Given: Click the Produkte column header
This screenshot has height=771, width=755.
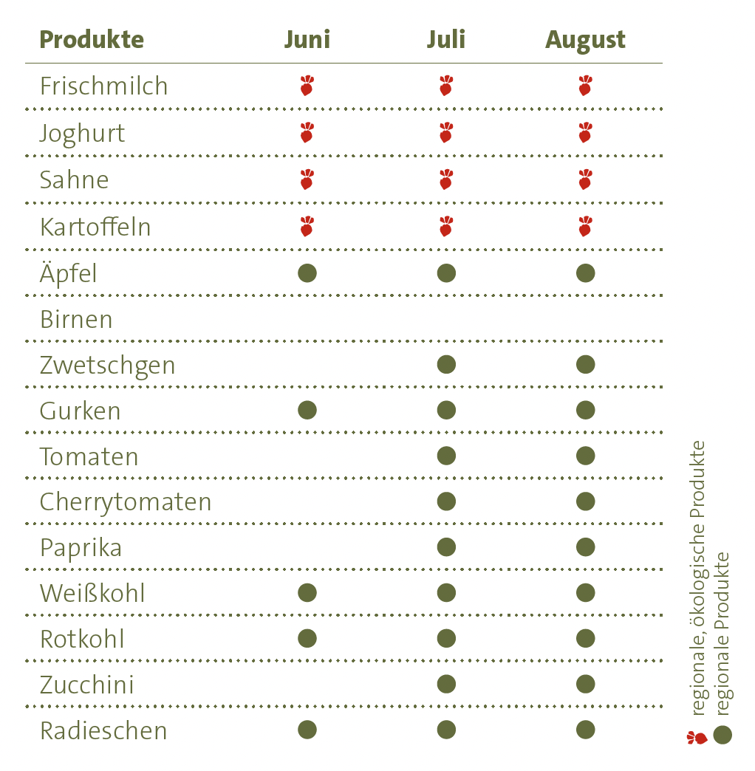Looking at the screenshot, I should pyautogui.click(x=92, y=40).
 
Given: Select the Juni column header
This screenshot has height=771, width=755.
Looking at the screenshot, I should pyautogui.click(x=307, y=40).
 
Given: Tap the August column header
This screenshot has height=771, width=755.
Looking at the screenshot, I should pyautogui.click(x=585, y=41).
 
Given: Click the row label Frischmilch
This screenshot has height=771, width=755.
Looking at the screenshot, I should pyautogui.click(x=104, y=86).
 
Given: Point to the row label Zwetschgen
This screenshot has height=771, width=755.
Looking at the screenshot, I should pyautogui.click(x=108, y=366).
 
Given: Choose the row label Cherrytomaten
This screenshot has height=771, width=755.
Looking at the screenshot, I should pyautogui.click(x=126, y=502).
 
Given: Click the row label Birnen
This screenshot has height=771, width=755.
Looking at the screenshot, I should pyautogui.click(x=76, y=320).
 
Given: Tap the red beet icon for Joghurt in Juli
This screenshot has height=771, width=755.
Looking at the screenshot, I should pyautogui.click(x=445, y=133).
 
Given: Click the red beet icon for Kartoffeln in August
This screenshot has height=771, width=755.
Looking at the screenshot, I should pyautogui.click(x=585, y=226).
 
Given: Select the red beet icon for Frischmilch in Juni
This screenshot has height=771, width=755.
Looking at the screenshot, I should pyautogui.click(x=307, y=86).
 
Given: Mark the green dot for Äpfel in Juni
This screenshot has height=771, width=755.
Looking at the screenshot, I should pyautogui.click(x=307, y=273).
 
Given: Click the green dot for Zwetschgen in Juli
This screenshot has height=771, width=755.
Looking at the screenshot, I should pyautogui.click(x=446, y=364).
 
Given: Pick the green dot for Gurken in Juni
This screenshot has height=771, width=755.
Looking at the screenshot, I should pyautogui.click(x=307, y=410).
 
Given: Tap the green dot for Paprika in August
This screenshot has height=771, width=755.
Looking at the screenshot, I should pyautogui.click(x=586, y=547).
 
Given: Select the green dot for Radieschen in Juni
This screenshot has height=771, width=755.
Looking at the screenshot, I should pyautogui.click(x=307, y=730).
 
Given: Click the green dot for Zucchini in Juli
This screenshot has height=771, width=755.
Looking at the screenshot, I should pyautogui.click(x=446, y=685).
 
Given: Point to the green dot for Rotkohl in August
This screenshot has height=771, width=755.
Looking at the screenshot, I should pyautogui.click(x=586, y=639).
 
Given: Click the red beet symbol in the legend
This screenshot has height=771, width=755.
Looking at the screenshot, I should pyautogui.click(x=697, y=737).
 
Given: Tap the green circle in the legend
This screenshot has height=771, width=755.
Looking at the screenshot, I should pyautogui.click(x=722, y=736).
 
